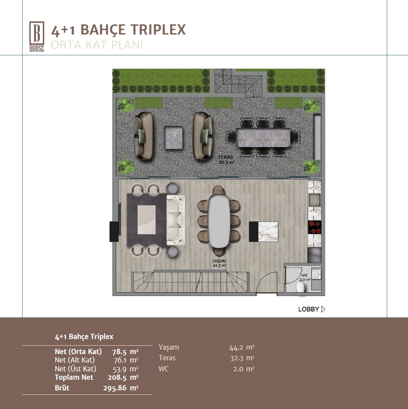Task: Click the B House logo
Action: coord(36,36)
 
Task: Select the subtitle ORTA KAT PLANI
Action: coord(97,45)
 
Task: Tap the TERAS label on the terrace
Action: coord(225,157)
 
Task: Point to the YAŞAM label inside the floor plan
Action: coord(219,261)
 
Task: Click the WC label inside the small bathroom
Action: coord(304,275)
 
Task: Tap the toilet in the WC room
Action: coord(301,287)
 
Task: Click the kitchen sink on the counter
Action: coord(315,200)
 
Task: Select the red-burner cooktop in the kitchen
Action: coord(314,227)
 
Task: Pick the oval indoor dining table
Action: coord(219,221)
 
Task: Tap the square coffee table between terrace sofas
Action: coord(173,138)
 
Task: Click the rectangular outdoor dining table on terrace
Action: coord(263,138)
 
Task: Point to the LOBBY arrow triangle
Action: coord(323,309)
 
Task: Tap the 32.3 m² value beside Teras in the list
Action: coord(242,358)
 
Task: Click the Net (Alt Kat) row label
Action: coord(74,360)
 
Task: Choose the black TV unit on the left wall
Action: coord(114,232)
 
